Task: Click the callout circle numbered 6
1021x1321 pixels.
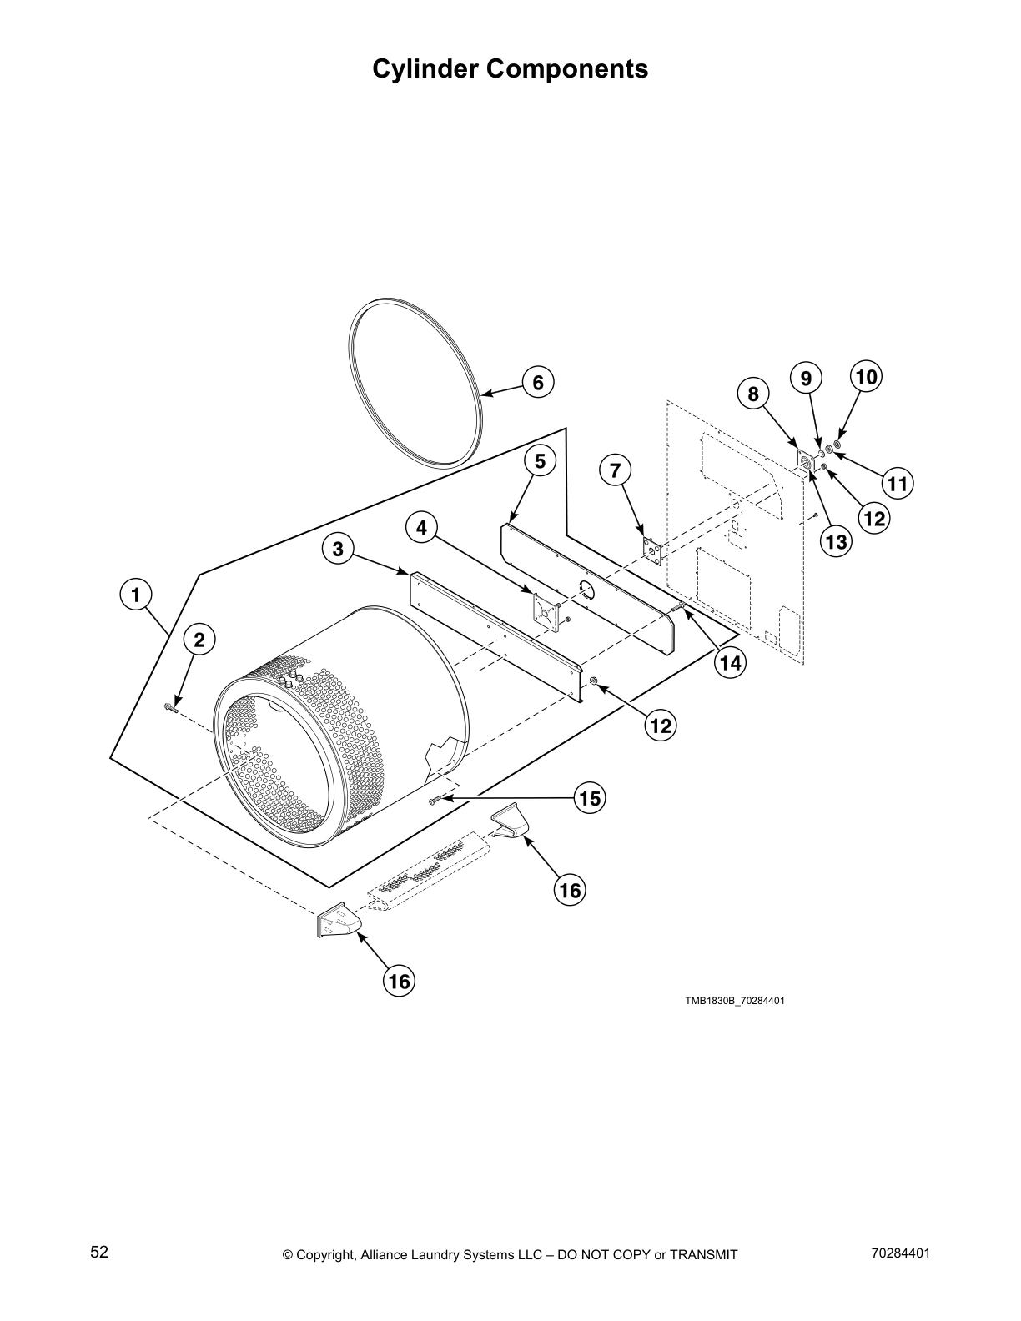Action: (x=538, y=383)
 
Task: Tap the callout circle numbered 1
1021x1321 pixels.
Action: (x=135, y=595)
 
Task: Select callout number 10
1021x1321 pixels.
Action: (x=867, y=377)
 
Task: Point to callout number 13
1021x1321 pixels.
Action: (x=836, y=542)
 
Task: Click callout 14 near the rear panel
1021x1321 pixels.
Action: (x=731, y=663)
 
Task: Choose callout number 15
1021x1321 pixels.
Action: (x=590, y=798)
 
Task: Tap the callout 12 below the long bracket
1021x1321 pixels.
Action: (x=661, y=726)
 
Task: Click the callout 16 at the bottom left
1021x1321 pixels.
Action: (x=400, y=981)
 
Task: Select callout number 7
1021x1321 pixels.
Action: (x=615, y=470)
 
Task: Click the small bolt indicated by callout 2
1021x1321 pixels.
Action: (x=172, y=708)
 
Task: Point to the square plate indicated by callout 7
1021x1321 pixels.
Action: (x=651, y=549)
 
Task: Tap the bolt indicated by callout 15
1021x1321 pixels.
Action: (x=434, y=801)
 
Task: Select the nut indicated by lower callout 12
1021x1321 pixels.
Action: (x=593, y=682)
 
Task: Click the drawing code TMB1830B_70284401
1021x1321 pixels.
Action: (x=735, y=1001)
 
